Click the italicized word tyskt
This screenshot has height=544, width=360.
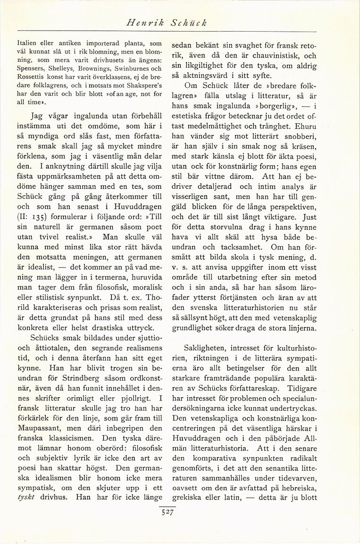pos(27,498)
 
